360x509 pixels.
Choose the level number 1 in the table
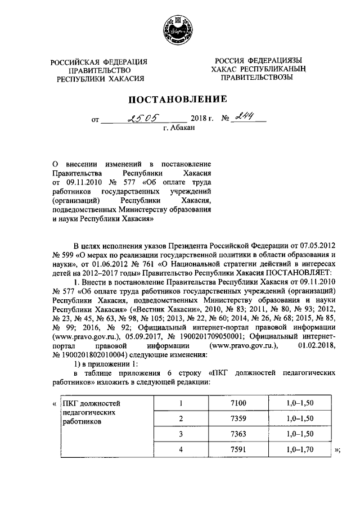(181, 403)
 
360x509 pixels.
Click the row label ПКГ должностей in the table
(91, 403)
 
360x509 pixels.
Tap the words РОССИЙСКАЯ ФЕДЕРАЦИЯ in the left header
(99, 61)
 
